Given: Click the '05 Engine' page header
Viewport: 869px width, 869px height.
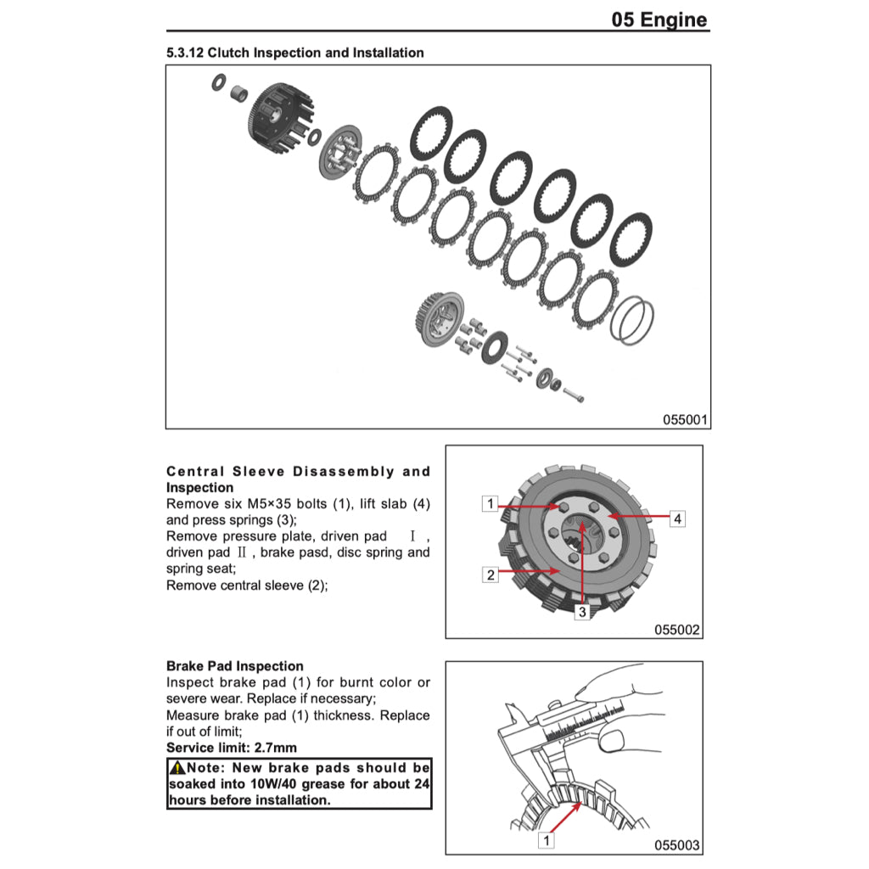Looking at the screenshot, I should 659,20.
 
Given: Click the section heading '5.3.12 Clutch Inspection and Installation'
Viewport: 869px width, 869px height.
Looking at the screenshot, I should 295,53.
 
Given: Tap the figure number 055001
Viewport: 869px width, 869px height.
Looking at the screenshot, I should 685,420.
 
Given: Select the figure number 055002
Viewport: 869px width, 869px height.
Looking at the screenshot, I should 676,630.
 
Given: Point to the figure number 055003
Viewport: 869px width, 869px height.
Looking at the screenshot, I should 676,845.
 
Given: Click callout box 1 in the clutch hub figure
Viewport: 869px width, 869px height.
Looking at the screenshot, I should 490,504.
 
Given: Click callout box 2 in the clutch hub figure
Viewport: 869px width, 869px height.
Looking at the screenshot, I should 490,575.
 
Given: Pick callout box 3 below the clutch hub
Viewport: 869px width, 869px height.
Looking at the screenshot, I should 582,611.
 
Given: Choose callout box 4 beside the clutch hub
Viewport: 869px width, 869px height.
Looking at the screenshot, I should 676,519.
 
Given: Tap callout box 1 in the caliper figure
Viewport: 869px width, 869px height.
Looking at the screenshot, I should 547,841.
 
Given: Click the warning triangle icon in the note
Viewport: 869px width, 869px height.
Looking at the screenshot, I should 177,768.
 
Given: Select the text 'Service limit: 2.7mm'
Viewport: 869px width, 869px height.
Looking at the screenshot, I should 232,748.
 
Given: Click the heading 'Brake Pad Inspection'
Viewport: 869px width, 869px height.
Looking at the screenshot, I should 234,666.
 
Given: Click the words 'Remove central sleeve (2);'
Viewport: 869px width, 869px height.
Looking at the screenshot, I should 246,585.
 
